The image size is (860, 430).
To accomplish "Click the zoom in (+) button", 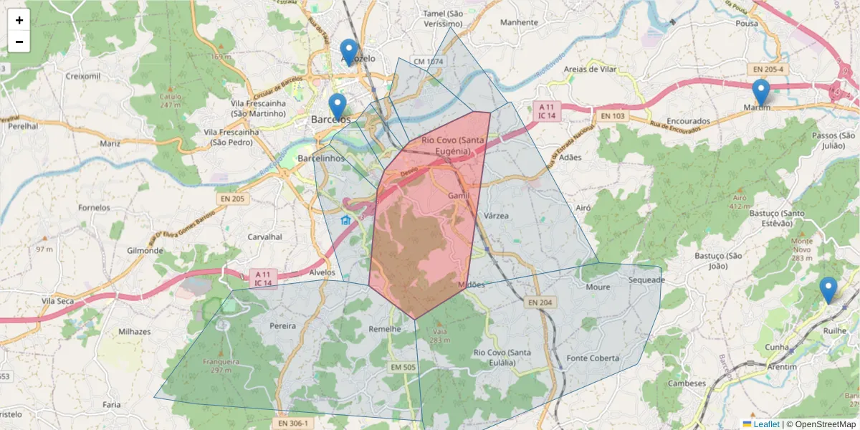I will coord(19,20).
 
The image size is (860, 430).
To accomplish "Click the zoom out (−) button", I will coord(19,42).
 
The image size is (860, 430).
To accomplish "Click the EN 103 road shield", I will coord(613,115).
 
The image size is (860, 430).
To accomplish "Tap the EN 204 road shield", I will coord(540,303).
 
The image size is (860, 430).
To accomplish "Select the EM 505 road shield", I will coord(403,368).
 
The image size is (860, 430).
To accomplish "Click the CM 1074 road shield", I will coord(427,62).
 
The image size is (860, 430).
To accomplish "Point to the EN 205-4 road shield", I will coord(768,70).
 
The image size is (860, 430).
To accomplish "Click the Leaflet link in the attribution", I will coord(766,424).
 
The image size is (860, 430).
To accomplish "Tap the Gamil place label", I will coord(459,196).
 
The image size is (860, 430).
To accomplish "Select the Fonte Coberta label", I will coord(592,358).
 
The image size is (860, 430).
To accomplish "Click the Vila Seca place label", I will coord(58,301).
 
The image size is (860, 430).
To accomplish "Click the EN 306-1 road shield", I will coord(292,424).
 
